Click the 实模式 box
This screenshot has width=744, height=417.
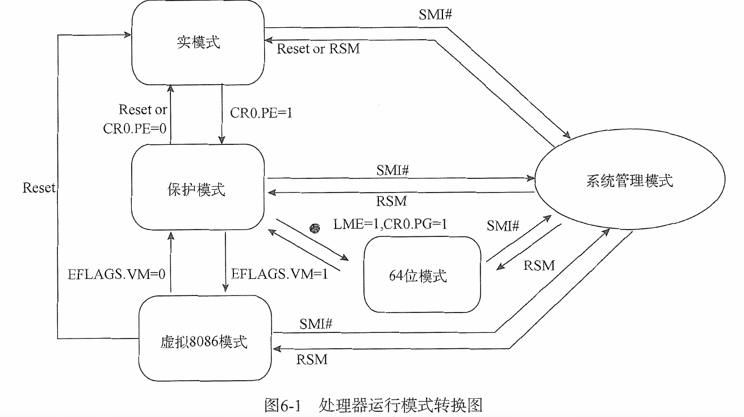(x=198, y=43)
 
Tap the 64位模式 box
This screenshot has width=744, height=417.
(x=421, y=276)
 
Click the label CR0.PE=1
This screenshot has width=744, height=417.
(x=261, y=112)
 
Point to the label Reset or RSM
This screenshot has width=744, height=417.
(x=318, y=49)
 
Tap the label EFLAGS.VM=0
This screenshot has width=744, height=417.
(x=116, y=274)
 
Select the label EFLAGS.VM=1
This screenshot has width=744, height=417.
(x=280, y=274)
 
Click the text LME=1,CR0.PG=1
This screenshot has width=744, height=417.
(x=390, y=225)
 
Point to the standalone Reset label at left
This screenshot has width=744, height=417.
(x=39, y=187)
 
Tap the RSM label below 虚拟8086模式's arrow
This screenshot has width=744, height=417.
(x=312, y=359)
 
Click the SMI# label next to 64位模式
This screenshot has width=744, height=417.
(x=503, y=226)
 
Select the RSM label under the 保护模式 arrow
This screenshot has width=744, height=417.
(x=391, y=201)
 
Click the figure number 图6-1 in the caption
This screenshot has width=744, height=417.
(x=281, y=405)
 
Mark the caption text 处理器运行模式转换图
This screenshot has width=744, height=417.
(x=400, y=405)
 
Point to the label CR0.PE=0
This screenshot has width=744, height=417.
(x=135, y=129)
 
